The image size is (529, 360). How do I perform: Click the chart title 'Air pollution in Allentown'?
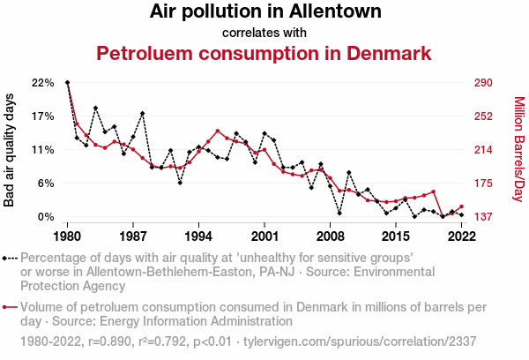[x=264, y=12]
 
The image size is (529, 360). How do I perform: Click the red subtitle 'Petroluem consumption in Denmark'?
[x=264, y=54]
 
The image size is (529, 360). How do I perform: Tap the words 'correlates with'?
[x=264, y=34]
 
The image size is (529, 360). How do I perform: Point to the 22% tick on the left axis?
[x=42, y=83]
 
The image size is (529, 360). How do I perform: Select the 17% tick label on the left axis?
[x=42, y=116]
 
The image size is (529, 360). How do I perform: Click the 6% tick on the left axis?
[x=46, y=184]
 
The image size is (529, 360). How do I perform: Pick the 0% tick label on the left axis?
[x=46, y=217]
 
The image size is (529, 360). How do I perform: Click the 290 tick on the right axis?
[x=482, y=83]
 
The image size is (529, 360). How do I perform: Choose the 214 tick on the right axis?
[x=482, y=150]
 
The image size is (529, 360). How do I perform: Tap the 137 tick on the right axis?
[x=482, y=217]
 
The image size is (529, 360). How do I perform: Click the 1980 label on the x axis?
[x=68, y=236]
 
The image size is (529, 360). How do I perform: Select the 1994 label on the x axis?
[x=199, y=236]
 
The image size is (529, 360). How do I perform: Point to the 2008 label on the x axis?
[x=331, y=236]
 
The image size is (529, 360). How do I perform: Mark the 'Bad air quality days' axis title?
[x=10, y=150]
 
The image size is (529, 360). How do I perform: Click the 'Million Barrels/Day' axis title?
[x=518, y=150]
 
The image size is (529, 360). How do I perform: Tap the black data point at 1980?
[x=68, y=83]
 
